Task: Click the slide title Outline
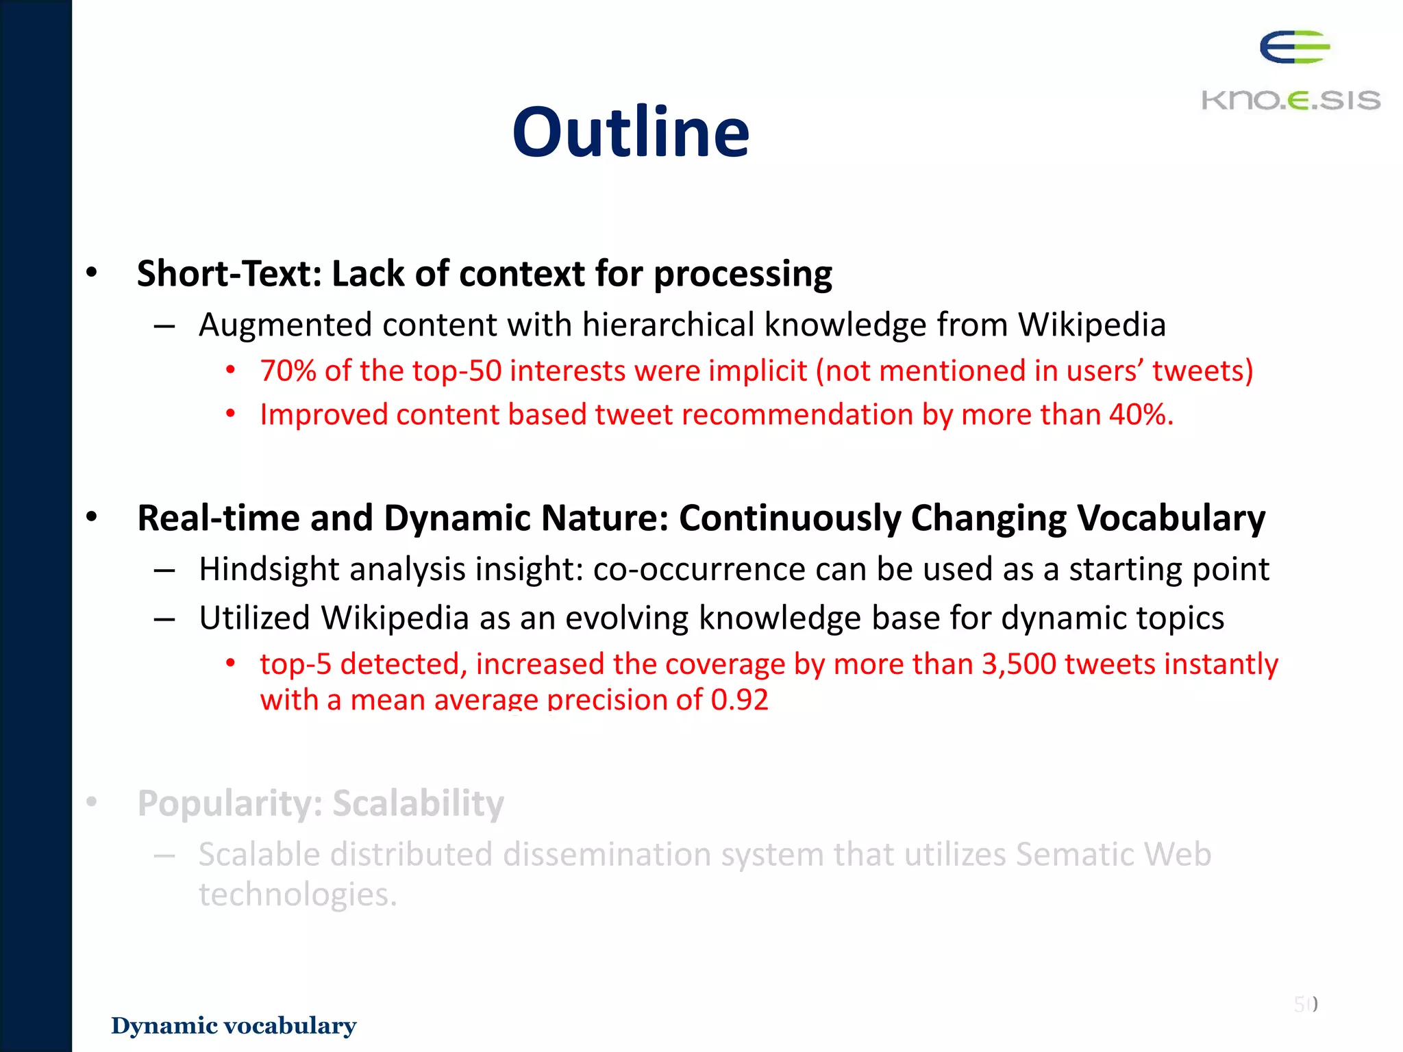(630, 132)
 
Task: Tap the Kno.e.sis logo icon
(1294, 47)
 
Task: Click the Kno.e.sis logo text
(1291, 100)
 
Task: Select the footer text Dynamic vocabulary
(234, 1025)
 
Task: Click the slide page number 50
(1304, 1004)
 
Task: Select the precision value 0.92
(739, 699)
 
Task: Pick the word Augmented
(285, 325)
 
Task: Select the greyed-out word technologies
(297, 894)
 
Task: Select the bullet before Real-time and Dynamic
(92, 517)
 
